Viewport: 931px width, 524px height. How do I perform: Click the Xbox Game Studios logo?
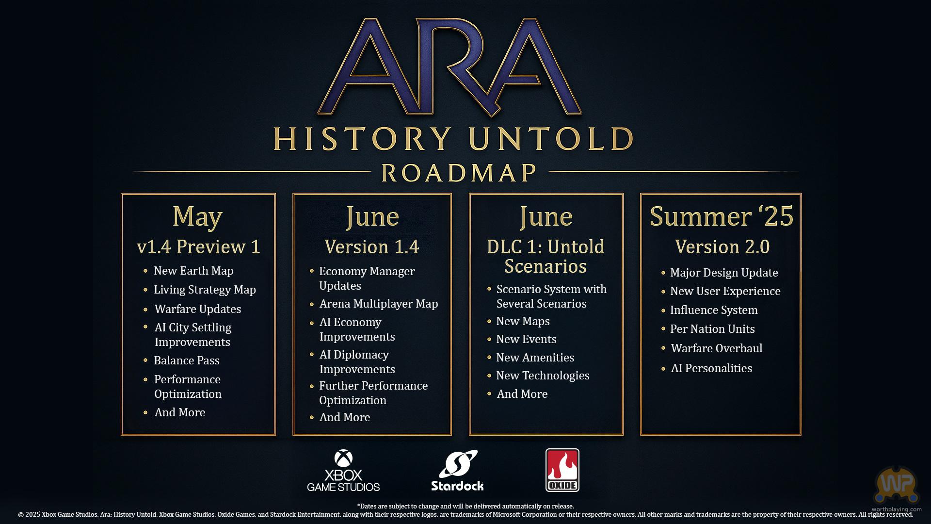[343, 471]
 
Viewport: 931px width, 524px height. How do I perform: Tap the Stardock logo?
[457, 471]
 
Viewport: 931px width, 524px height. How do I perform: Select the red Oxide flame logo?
[562, 470]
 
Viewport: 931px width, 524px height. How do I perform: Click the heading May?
[198, 216]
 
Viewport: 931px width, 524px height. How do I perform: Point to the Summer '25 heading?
[722, 216]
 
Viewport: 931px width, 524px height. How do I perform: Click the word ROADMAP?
[459, 173]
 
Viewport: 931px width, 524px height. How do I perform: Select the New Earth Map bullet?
[193, 271]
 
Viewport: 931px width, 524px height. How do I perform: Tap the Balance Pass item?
[187, 360]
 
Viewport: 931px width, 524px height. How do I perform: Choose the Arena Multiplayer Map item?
[379, 304]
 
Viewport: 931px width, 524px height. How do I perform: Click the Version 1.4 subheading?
[372, 246]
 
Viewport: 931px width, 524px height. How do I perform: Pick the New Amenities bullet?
[535, 358]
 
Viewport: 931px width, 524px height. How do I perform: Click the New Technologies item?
[543, 376]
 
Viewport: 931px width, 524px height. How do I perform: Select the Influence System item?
[714, 310]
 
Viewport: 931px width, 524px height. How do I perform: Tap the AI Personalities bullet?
[711, 368]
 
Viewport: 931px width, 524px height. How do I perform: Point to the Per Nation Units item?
[712, 329]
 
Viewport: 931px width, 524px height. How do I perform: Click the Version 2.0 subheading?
[722, 246]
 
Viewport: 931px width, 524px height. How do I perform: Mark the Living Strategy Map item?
[205, 290]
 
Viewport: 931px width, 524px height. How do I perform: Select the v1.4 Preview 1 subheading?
[199, 246]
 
